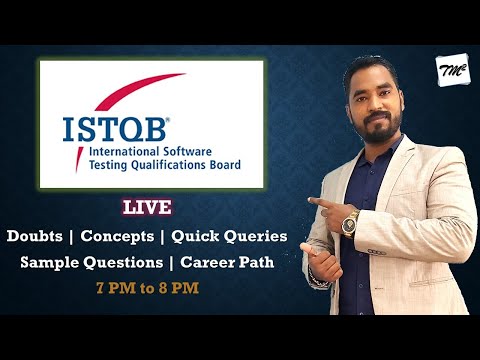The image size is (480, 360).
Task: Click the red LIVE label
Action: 147,208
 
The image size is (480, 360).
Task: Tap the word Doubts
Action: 39,237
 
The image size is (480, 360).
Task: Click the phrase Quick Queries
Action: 229,237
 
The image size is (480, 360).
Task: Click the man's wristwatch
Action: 351,219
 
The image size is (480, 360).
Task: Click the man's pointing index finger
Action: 315,203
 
